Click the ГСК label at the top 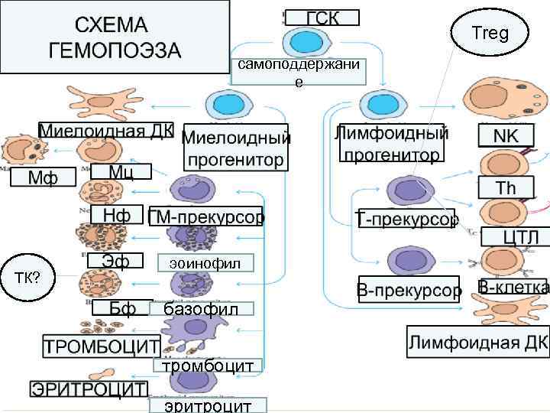pyautogui.click(x=322, y=17)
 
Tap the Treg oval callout pyautogui.click(x=490, y=34)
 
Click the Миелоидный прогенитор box pyautogui.click(x=236, y=148)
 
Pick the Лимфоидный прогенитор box pyautogui.click(x=391, y=144)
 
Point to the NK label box pyautogui.click(x=504, y=135)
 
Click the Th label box pyautogui.click(x=506, y=187)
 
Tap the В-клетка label pyautogui.click(x=513, y=288)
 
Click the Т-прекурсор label pyautogui.click(x=407, y=220)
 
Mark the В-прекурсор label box pyautogui.click(x=410, y=291)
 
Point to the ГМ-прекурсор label pyautogui.click(x=205, y=216)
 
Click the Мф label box pyautogui.click(x=43, y=177)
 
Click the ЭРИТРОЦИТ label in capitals pyautogui.click(x=89, y=389)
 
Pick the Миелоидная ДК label pyautogui.click(x=106, y=129)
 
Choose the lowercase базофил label pyautogui.click(x=196, y=309)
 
